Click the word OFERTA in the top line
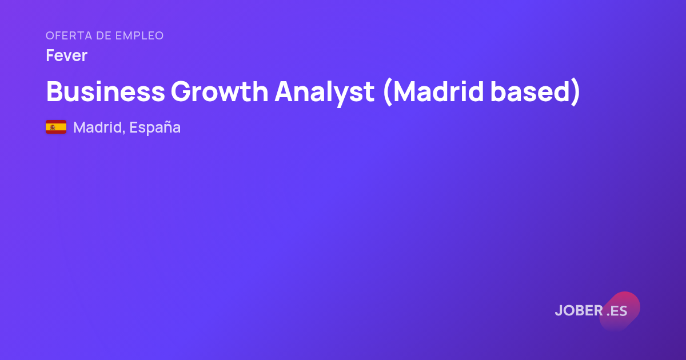[x=69, y=35]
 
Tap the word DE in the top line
[x=103, y=35]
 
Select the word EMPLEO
[x=139, y=35]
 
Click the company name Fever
[x=66, y=55]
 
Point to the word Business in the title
[x=106, y=91]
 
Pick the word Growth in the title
[x=220, y=91]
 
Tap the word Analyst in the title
[x=325, y=93]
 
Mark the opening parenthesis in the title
[x=388, y=92]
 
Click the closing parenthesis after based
[x=576, y=92]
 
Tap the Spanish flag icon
[x=56, y=127]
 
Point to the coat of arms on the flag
[x=53, y=127]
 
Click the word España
[x=155, y=127]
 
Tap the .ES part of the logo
[x=617, y=311]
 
